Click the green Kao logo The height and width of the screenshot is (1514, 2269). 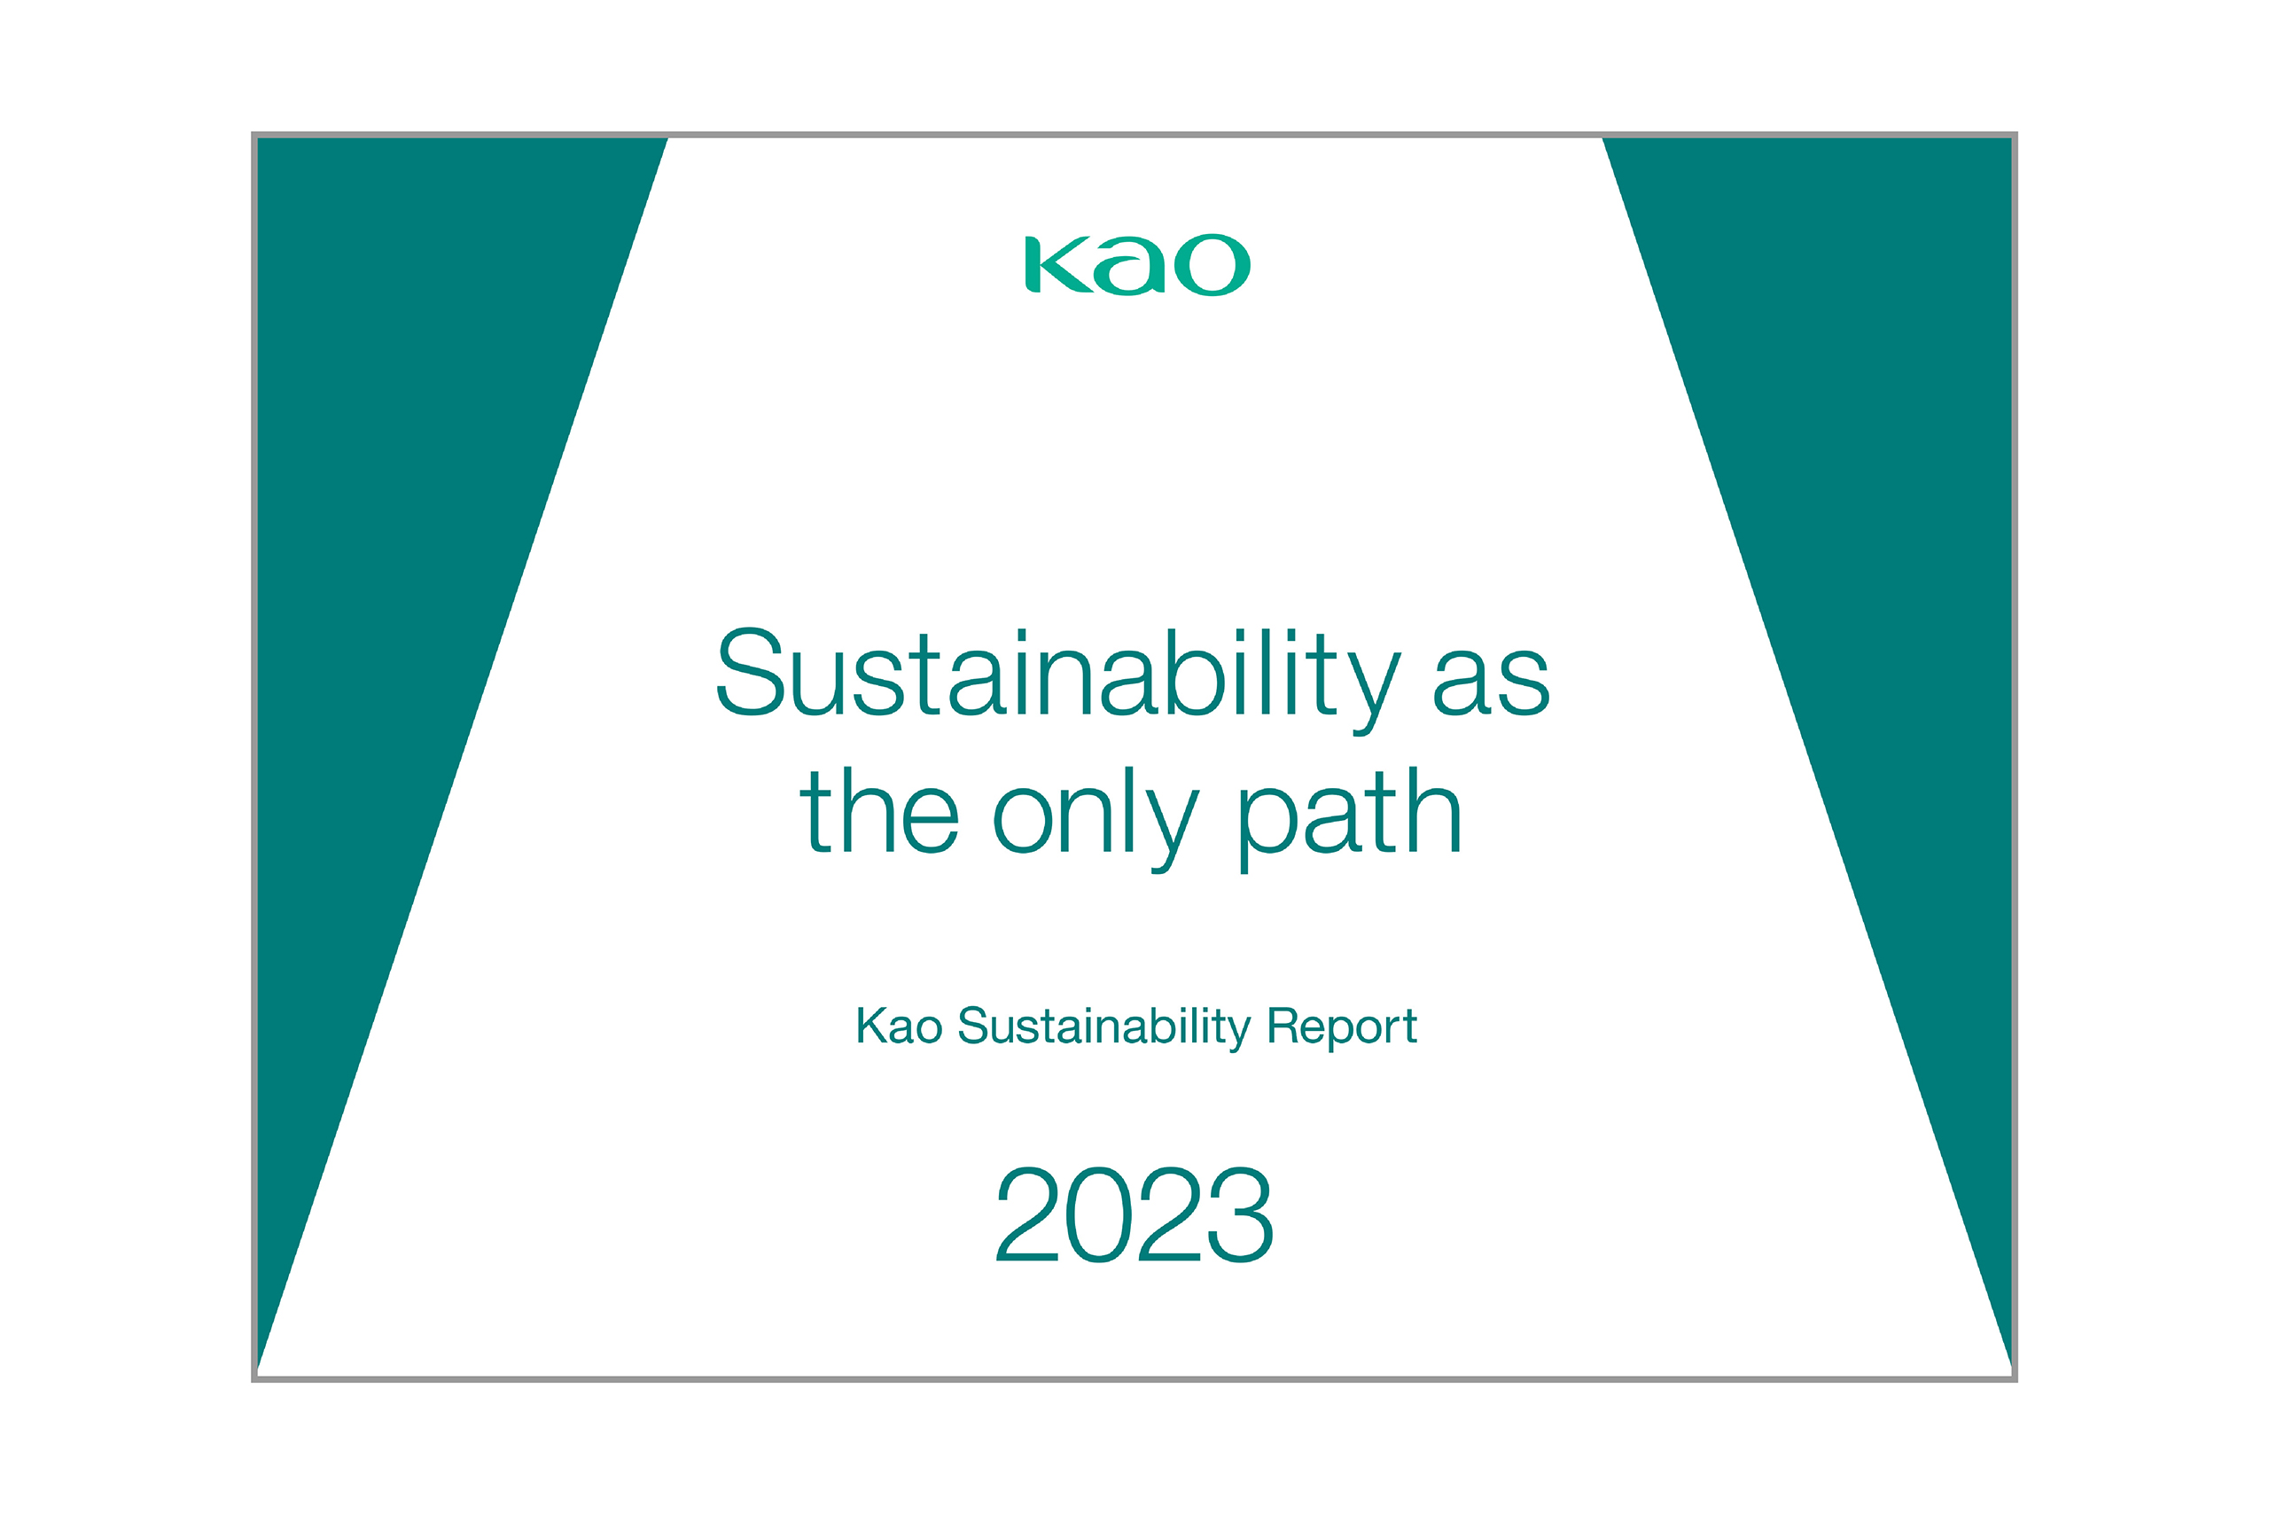1137,263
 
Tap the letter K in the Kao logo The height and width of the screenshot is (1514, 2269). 1058,263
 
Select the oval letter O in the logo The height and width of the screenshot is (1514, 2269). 1212,263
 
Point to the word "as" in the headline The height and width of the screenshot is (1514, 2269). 1492,682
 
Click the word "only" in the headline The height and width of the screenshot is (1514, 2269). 1097,821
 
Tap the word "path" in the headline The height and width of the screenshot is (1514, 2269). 1350,821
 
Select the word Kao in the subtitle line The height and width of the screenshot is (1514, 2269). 899,1026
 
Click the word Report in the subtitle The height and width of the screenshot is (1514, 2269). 1342,1027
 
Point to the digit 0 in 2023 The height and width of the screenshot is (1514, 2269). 1099,1214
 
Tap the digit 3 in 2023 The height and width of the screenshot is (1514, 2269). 1241,1214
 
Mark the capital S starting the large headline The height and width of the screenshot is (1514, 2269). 750,672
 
